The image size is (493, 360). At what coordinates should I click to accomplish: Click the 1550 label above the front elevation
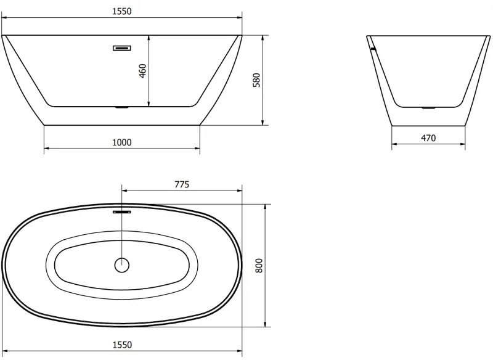click(122, 11)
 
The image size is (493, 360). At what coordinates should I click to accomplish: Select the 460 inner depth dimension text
click(142, 71)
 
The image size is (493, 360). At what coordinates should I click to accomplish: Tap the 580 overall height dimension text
click(258, 80)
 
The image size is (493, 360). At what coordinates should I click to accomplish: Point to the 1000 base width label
click(122, 142)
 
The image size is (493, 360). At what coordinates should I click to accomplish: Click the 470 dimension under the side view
click(428, 139)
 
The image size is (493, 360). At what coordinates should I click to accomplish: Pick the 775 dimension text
click(181, 184)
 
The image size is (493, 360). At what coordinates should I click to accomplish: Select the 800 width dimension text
click(259, 266)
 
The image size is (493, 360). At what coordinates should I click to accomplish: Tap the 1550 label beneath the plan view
click(122, 345)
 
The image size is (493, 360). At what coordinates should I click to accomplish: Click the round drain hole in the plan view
click(122, 266)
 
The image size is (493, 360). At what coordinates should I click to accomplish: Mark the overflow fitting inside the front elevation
click(122, 47)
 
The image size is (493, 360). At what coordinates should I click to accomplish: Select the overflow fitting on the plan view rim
click(122, 212)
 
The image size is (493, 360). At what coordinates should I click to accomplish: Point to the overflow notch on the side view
click(372, 47)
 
